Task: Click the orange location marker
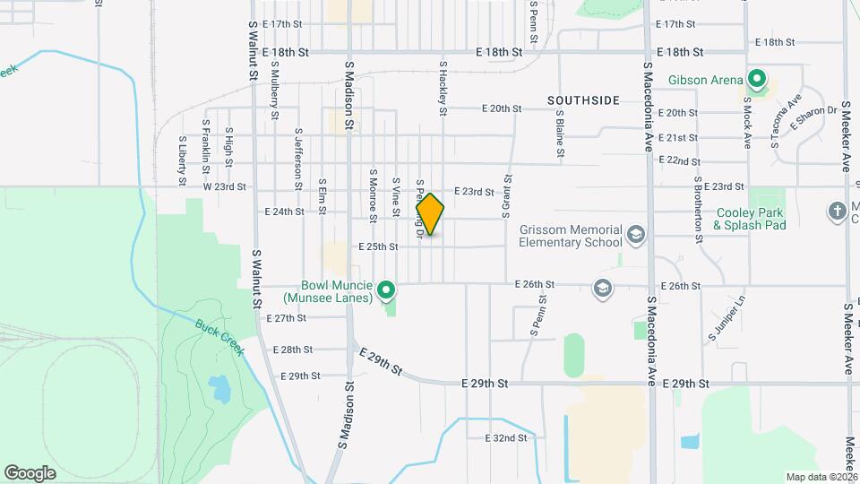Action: click(430, 214)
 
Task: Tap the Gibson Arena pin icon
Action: click(757, 80)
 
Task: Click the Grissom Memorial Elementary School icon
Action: click(635, 234)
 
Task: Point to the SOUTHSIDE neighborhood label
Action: click(583, 100)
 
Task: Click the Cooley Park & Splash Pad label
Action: click(749, 220)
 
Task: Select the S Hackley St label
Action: click(442, 89)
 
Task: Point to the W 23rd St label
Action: click(224, 187)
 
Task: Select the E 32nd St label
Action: click(505, 438)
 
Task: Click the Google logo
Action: click(30, 472)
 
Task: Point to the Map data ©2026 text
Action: click(821, 477)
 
